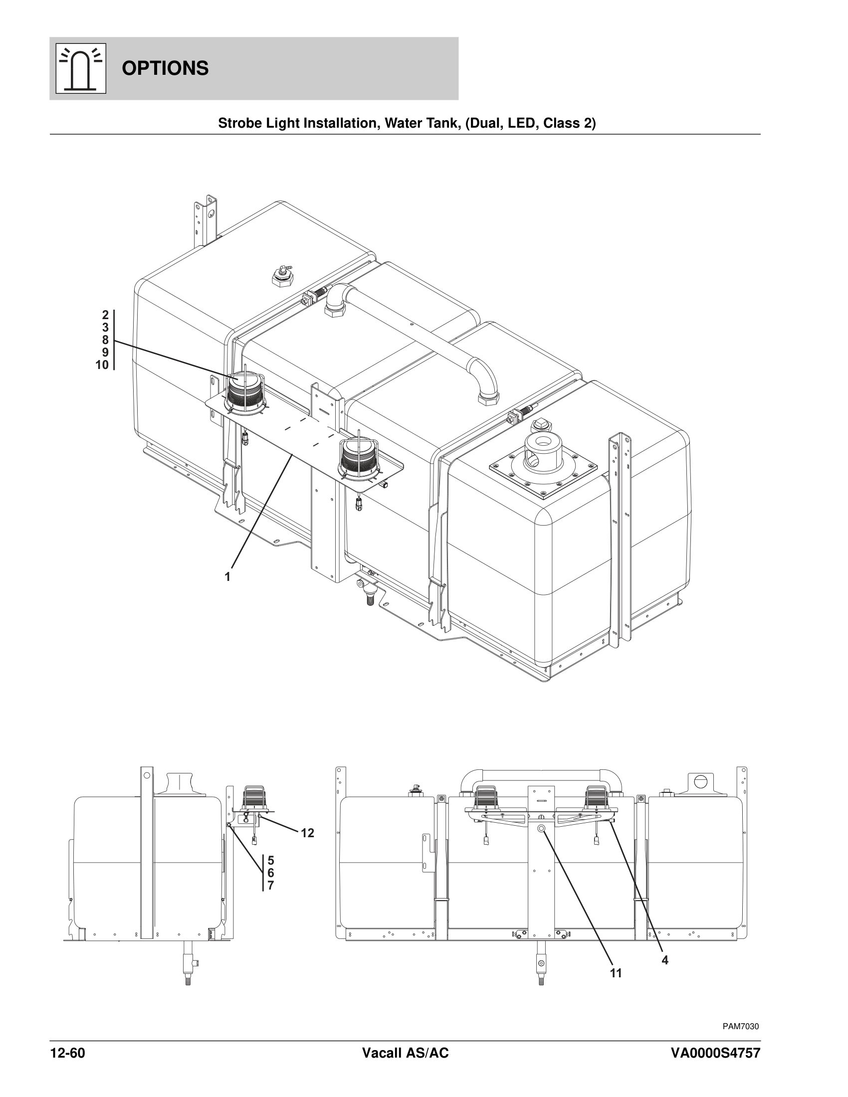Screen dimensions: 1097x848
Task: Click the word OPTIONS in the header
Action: (x=165, y=68)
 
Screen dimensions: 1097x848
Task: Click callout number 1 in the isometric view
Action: (x=227, y=576)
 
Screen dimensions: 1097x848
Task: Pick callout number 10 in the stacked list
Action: (x=102, y=365)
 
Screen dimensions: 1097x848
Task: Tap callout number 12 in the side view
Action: (x=307, y=833)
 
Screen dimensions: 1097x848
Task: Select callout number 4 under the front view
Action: (x=665, y=960)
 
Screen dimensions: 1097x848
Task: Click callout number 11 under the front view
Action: (x=616, y=973)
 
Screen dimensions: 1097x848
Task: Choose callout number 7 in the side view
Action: (x=271, y=886)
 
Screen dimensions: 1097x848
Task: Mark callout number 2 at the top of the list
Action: (x=105, y=315)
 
